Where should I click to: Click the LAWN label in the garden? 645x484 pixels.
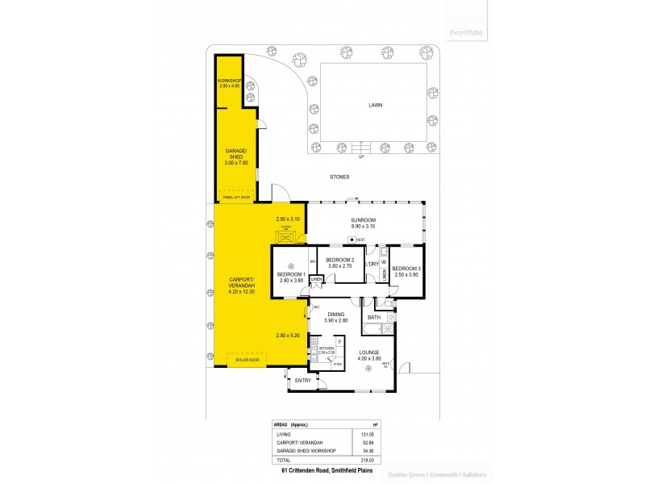click(375, 105)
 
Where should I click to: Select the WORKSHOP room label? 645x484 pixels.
click(230, 81)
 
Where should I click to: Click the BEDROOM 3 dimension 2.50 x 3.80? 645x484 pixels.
click(406, 274)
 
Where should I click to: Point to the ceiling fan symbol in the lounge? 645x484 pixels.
click(368, 369)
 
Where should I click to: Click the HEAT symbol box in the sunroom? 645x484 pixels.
click(352, 240)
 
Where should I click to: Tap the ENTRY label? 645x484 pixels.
click(303, 380)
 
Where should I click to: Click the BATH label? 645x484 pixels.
click(374, 317)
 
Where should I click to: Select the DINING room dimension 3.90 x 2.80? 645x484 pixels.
click(336, 321)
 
